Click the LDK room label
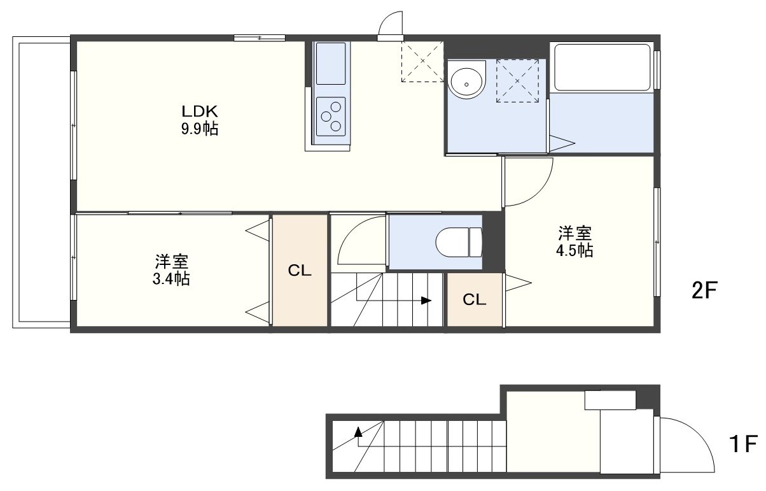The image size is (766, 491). pyautogui.click(x=199, y=111)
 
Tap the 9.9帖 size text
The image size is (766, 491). pyautogui.click(x=200, y=129)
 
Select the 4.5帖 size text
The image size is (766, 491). pyautogui.click(x=574, y=251)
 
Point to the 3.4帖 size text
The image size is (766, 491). pyautogui.click(x=171, y=279)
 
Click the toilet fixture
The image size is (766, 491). pyautogui.click(x=459, y=242)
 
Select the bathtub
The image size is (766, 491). pyautogui.click(x=602, y=67)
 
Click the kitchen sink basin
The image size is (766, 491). pyautogui.click(x=330, y=64)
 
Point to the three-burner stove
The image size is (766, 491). pyautogui.click(x=331, y=117)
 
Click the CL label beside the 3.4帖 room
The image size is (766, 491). pyautogui.click(x=300, y=271)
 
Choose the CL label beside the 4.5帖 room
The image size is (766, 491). pyautogui.click(x=475, y=300)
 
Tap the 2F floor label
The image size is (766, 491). pyautogui.click(x=704, y=290)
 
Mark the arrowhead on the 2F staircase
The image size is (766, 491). pyautogui.click(x=426, y=301)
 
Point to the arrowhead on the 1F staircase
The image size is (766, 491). pyautogui.click(x=358, y=432)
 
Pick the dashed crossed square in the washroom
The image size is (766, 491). pyautogui.click(x=517, y=81)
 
